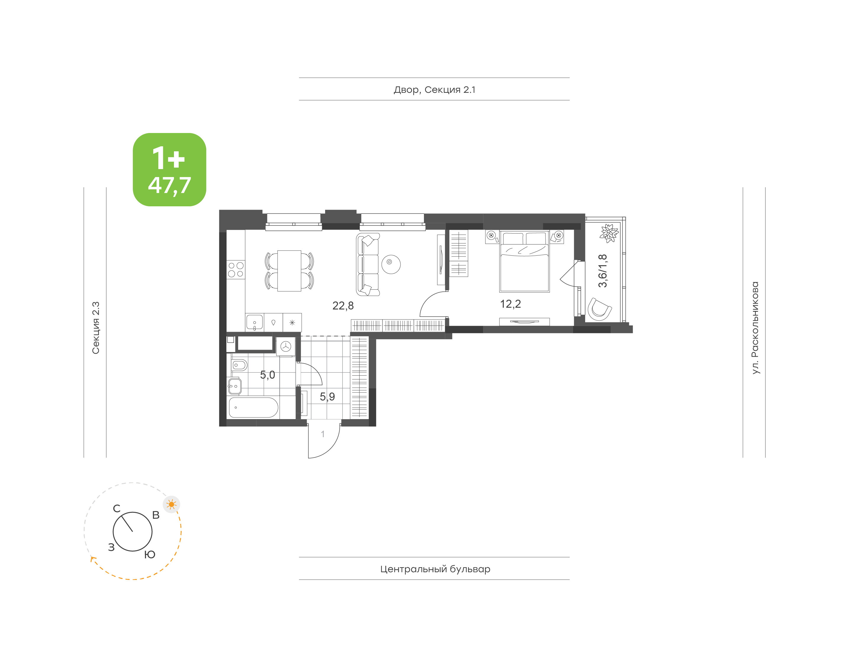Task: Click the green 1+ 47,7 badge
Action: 170,169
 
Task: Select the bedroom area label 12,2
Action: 510,304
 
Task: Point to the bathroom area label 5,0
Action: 267,375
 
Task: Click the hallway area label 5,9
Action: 327,397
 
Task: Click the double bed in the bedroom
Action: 525,261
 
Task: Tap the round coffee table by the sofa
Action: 390,264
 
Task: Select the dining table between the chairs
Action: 289,271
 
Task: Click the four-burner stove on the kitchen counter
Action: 235,270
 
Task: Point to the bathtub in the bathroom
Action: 253,408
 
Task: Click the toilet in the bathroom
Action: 239,365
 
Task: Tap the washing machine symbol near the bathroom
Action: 286,346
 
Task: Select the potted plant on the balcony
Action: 609,233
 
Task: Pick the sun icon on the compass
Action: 171,505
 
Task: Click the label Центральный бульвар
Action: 435,569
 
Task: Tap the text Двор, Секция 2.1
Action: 434,90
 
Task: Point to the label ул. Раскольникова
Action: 755,328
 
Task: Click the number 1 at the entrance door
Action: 322,434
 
